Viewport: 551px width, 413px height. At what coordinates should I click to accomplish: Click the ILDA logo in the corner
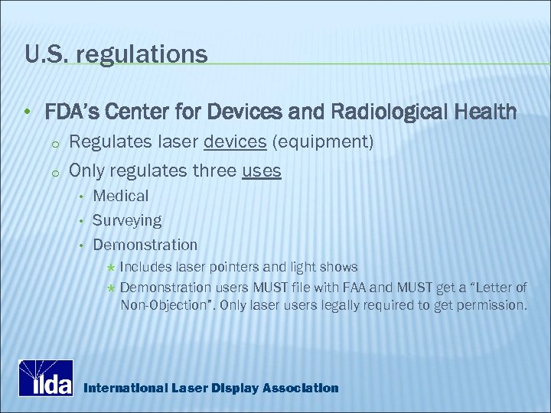pyautogui.click(x=46, y=377)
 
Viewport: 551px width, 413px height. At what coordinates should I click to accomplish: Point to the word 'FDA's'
pyautogui.click(x=71, y=112)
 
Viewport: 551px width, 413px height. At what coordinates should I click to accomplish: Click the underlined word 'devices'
pyautogui.click(x=234, y=142)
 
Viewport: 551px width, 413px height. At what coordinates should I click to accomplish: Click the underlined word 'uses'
pyautogui.click(x=261, y=171)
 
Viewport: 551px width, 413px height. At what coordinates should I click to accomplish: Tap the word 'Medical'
pyautogui.click(x=121, y=196)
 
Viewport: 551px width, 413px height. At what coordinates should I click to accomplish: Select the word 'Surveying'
pyautogui.click(x=127, y=220)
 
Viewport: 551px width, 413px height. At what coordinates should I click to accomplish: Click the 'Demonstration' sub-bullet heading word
pyautogui.click(x=145, y=245)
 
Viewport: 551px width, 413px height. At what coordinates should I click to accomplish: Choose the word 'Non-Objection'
pyautogui.click(x=165, y=305)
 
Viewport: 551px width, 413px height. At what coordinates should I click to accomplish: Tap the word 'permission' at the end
pyautogui.click(x=494, y=305)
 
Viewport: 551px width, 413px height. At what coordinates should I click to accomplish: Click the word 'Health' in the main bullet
pyautogui.click(x=491, y=112)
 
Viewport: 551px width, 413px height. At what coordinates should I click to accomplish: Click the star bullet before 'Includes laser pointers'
pyautogui.click(x=111, y=268)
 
